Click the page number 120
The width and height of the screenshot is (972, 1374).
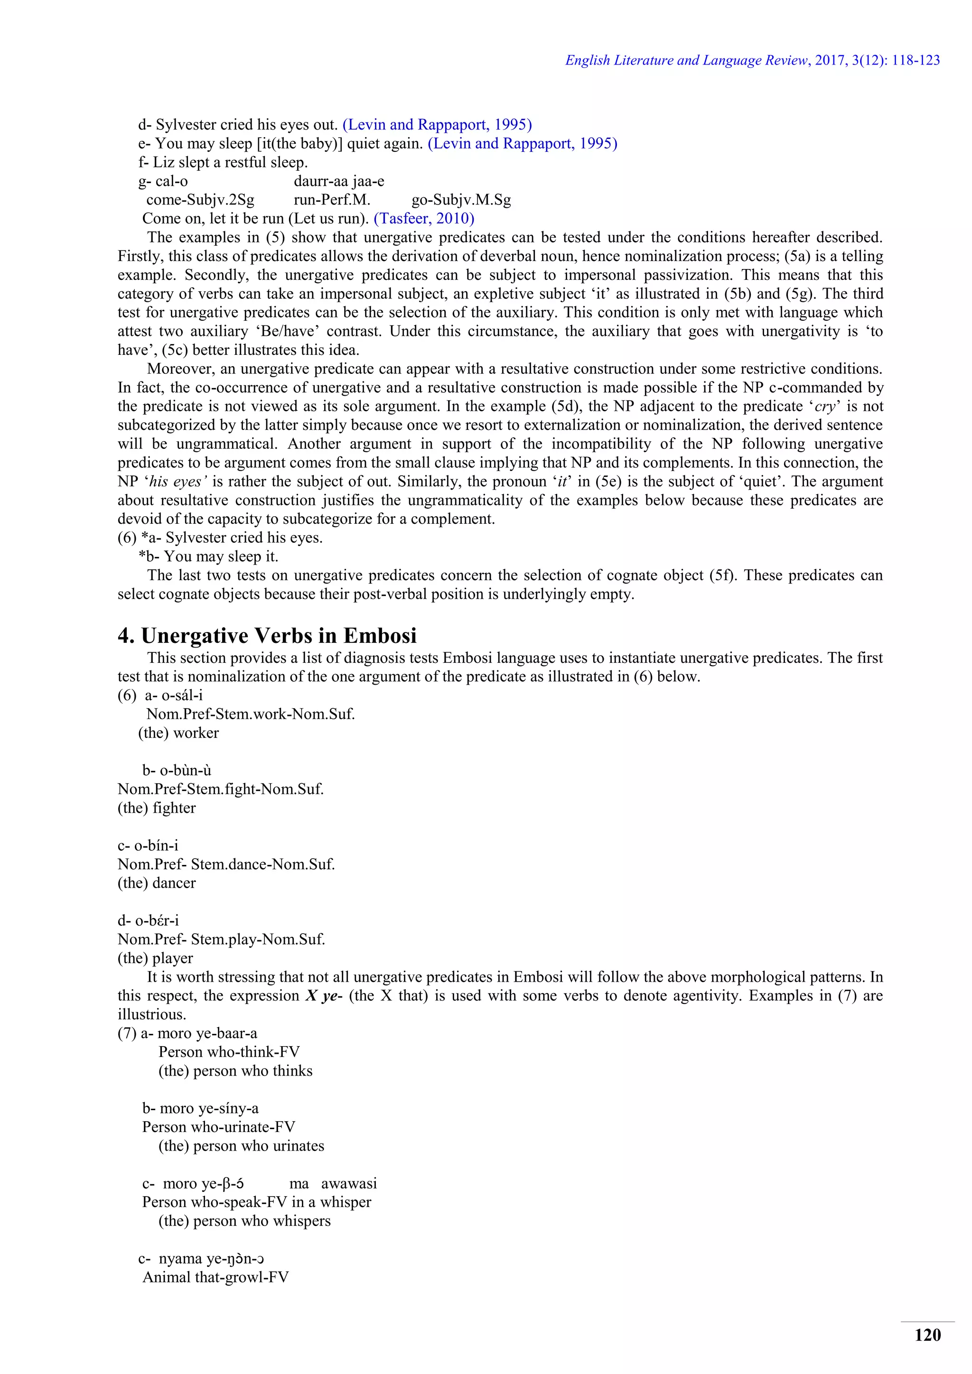click(x=927, y=1335)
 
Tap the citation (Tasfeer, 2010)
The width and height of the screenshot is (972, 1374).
click(x=424, y=218)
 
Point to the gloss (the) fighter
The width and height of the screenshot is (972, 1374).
click(x=157, y=808)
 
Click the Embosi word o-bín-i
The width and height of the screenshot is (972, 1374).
click(x=156, y=845)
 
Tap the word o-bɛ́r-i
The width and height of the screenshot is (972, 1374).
click(x=156, y=920)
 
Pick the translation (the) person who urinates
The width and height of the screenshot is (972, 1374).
click(x=241, y=1145)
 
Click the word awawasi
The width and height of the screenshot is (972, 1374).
click(x=349, y=1183)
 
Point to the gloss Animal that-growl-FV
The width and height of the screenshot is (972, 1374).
click(x=215, y=1277)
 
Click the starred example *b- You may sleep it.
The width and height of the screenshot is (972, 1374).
click(x=209, y=557)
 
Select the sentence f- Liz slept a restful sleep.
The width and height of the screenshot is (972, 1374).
click(x=223, y=162)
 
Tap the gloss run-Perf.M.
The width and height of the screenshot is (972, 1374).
click(x=332, y=200)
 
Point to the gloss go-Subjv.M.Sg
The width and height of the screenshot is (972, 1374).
click(x=461, y=200)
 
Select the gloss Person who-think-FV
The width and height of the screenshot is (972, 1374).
click(x=229, y=1052)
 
